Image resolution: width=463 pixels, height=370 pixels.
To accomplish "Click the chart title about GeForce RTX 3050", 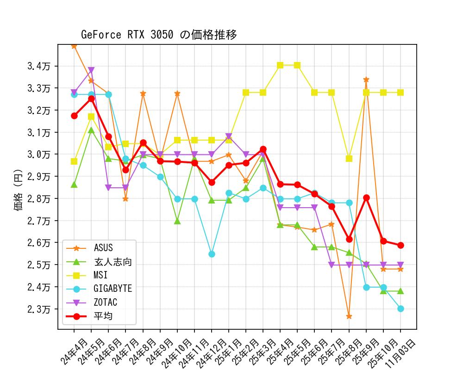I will click(x=159, y=35).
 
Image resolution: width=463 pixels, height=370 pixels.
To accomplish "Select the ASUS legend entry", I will click(x=103, y=248).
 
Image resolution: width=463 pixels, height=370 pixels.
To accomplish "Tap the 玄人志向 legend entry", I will click(x=113, y=262).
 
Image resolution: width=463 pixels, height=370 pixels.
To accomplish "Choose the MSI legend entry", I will click(x=100, y=275).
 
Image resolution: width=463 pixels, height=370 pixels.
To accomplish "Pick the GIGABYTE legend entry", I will click(x=113, y=289).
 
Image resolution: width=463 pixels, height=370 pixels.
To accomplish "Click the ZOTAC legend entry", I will click(x=105, y=302).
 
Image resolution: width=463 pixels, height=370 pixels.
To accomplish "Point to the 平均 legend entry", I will click(x=103, y=316).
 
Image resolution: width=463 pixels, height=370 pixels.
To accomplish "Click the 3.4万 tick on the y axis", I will click(x=39, y=66).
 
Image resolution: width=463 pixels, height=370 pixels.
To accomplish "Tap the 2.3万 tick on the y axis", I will click(x=39, y=309).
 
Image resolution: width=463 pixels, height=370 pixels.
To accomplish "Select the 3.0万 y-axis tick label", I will click(x=39, y=154).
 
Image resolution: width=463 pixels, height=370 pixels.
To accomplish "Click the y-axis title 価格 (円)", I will click(x=19, y=187).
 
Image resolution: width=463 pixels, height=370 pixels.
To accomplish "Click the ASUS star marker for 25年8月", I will click(x=349, y=316).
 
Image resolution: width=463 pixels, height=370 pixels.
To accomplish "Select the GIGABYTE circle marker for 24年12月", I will click(x=212, y=254).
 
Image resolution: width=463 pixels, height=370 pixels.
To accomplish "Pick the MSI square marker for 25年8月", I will click(x=349, y=159).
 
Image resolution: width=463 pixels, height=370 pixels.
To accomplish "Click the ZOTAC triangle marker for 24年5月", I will click(x=91, y=71).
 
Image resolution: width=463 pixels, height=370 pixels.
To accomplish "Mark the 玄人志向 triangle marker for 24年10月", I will click(x=177, y=221).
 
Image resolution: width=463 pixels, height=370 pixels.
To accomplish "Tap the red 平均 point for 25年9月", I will click(x=366, y=197).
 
